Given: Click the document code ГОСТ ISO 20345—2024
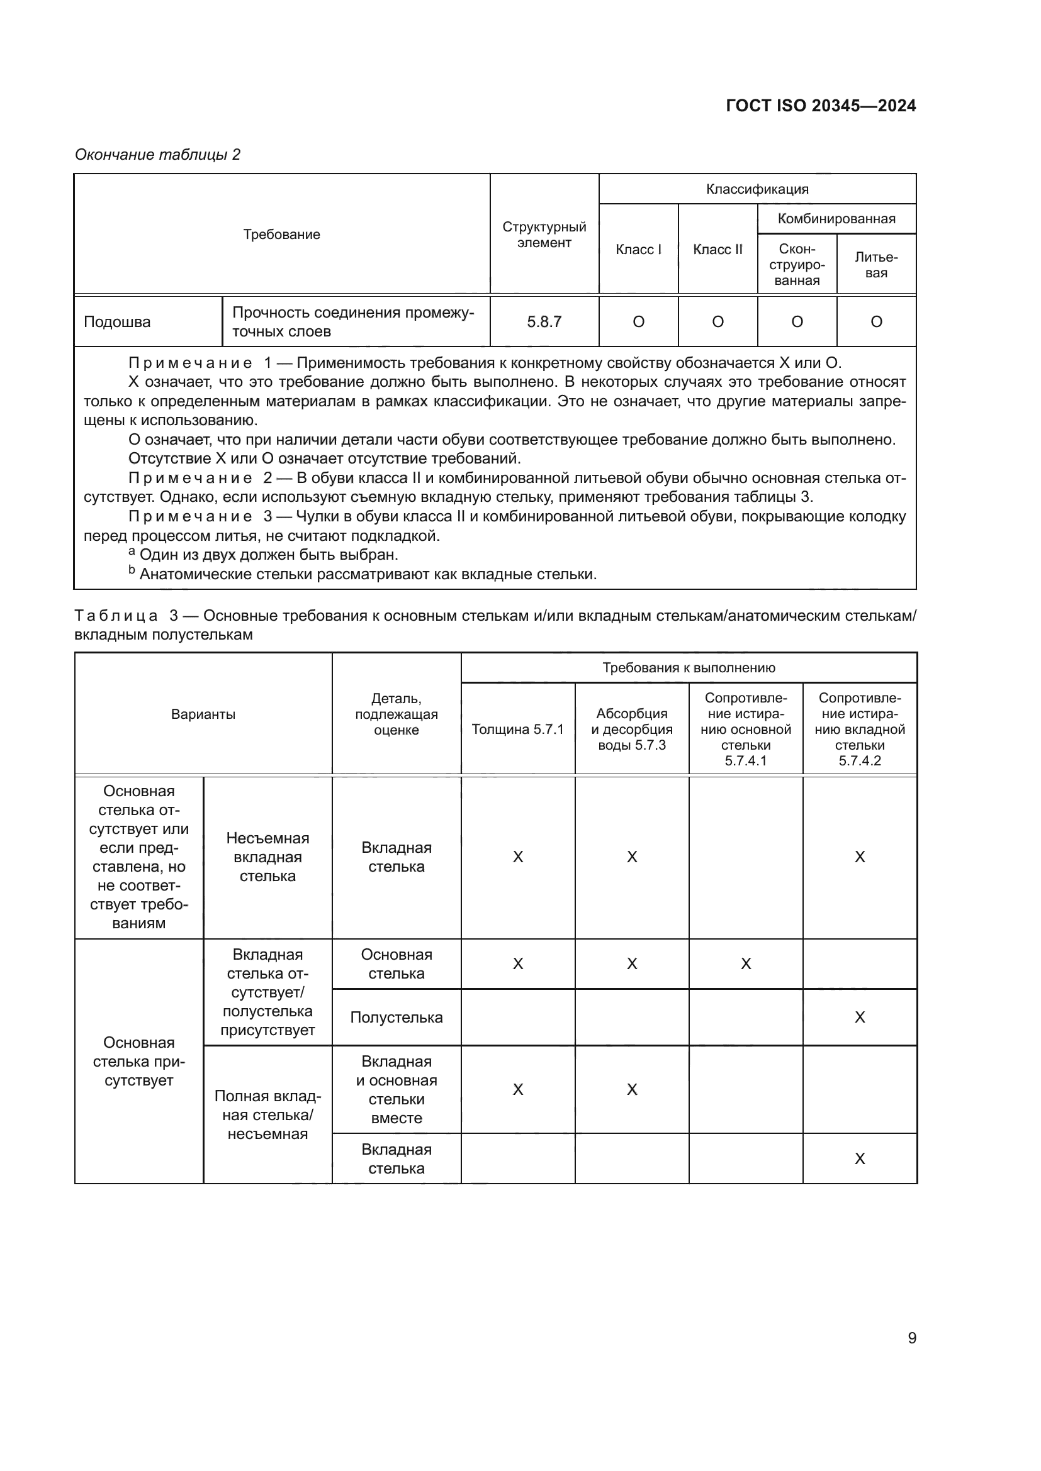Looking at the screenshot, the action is [x=821, y=106].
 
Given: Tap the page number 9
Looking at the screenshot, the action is [x=912, y=1338].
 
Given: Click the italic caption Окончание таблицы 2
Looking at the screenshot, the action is [x=158, y=155].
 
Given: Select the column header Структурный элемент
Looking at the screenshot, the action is [x=544, y=235].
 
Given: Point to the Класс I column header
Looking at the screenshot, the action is [x=638, y=249].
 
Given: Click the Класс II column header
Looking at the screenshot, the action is [x=717, y=249].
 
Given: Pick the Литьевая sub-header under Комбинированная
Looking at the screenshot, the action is [x=876, y=265].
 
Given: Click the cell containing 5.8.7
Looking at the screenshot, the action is [x=544, y=321].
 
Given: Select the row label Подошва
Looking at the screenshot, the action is [x=117, y=321].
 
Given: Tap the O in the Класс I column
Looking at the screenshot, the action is [x=638, y=321].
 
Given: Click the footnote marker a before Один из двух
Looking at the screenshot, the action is [x=132, y=552].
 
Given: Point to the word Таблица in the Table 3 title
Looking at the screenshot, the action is [x=116, y=616].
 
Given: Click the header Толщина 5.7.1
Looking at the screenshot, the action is [x=518, y=729].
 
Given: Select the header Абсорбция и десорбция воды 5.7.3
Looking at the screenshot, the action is [x=632, y=729].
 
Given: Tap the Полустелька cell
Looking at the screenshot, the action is [x=396, y=1018].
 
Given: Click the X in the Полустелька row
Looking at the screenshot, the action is [x=860, y=1018].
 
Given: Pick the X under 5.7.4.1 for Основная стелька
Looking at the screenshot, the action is [x=745, y=964].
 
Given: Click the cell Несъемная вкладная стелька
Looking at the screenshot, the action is [x=267, y=857].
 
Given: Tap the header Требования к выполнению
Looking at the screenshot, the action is [x=689, y=668].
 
